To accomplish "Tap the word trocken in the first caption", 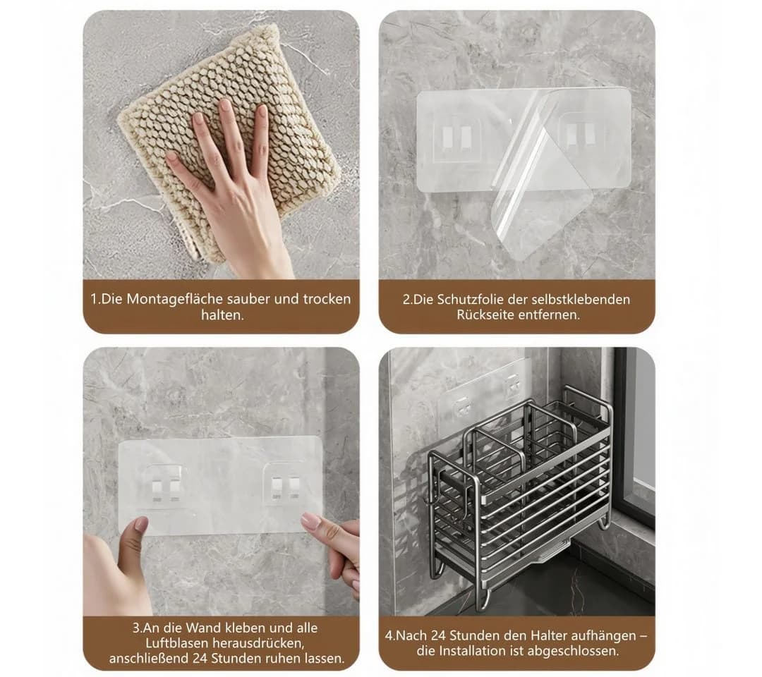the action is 327,299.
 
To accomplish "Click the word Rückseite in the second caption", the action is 485,315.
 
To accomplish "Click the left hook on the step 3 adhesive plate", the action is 164,484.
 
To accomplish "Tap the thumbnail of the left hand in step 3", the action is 141,524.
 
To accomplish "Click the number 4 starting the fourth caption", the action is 389,635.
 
